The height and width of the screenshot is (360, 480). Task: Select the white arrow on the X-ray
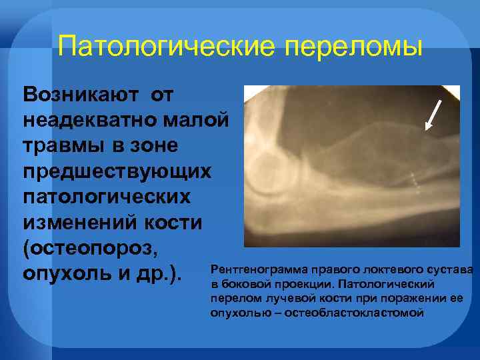click(435, 113)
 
